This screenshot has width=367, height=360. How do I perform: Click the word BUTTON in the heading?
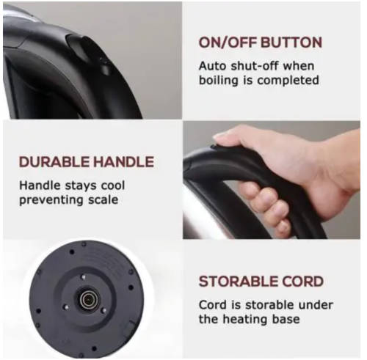coord(291,43)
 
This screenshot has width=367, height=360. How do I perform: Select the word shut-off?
coord(255,66)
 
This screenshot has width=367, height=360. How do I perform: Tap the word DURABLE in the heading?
coord(54,162)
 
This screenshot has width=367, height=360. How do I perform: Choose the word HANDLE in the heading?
coord(124,162)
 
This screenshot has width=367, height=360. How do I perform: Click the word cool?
coord(113,185)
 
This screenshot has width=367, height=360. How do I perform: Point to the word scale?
coord(103,200)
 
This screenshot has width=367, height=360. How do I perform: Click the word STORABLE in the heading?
coord(239,282)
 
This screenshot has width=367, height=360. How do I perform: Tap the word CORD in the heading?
coord(303,282)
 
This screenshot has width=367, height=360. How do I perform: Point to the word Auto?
coord(212,66)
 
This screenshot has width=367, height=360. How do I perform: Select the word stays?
coord(80,186)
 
